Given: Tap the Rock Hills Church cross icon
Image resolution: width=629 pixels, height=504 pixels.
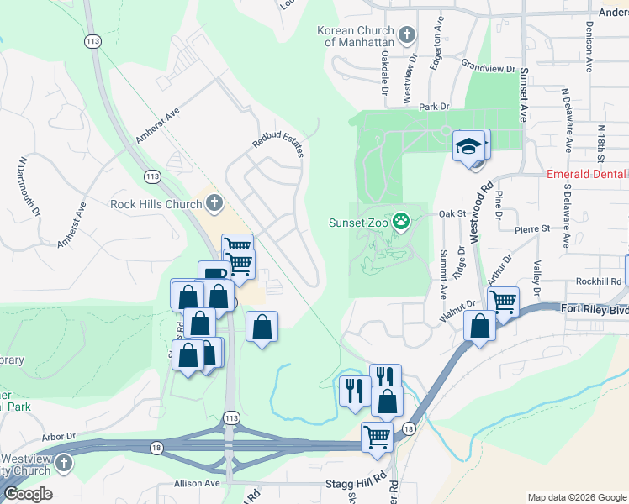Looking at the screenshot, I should point(214,202).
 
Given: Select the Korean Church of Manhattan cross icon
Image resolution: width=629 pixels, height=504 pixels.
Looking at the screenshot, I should point(407,35).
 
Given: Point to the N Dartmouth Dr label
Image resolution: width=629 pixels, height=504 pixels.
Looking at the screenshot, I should point(30,186).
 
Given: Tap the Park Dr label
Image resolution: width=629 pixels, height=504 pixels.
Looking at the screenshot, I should point(435,107).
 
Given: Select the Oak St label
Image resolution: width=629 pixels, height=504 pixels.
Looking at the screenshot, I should point(452,214).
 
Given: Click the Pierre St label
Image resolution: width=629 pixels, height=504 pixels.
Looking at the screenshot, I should point(532,228).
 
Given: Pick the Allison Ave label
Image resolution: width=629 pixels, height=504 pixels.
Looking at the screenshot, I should point(196,483).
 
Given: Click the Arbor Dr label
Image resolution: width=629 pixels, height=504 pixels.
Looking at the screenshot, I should point(59,437).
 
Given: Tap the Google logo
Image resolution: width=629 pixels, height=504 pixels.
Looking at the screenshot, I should point(28,494).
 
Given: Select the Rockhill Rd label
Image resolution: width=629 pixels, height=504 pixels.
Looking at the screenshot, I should point(598,281).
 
